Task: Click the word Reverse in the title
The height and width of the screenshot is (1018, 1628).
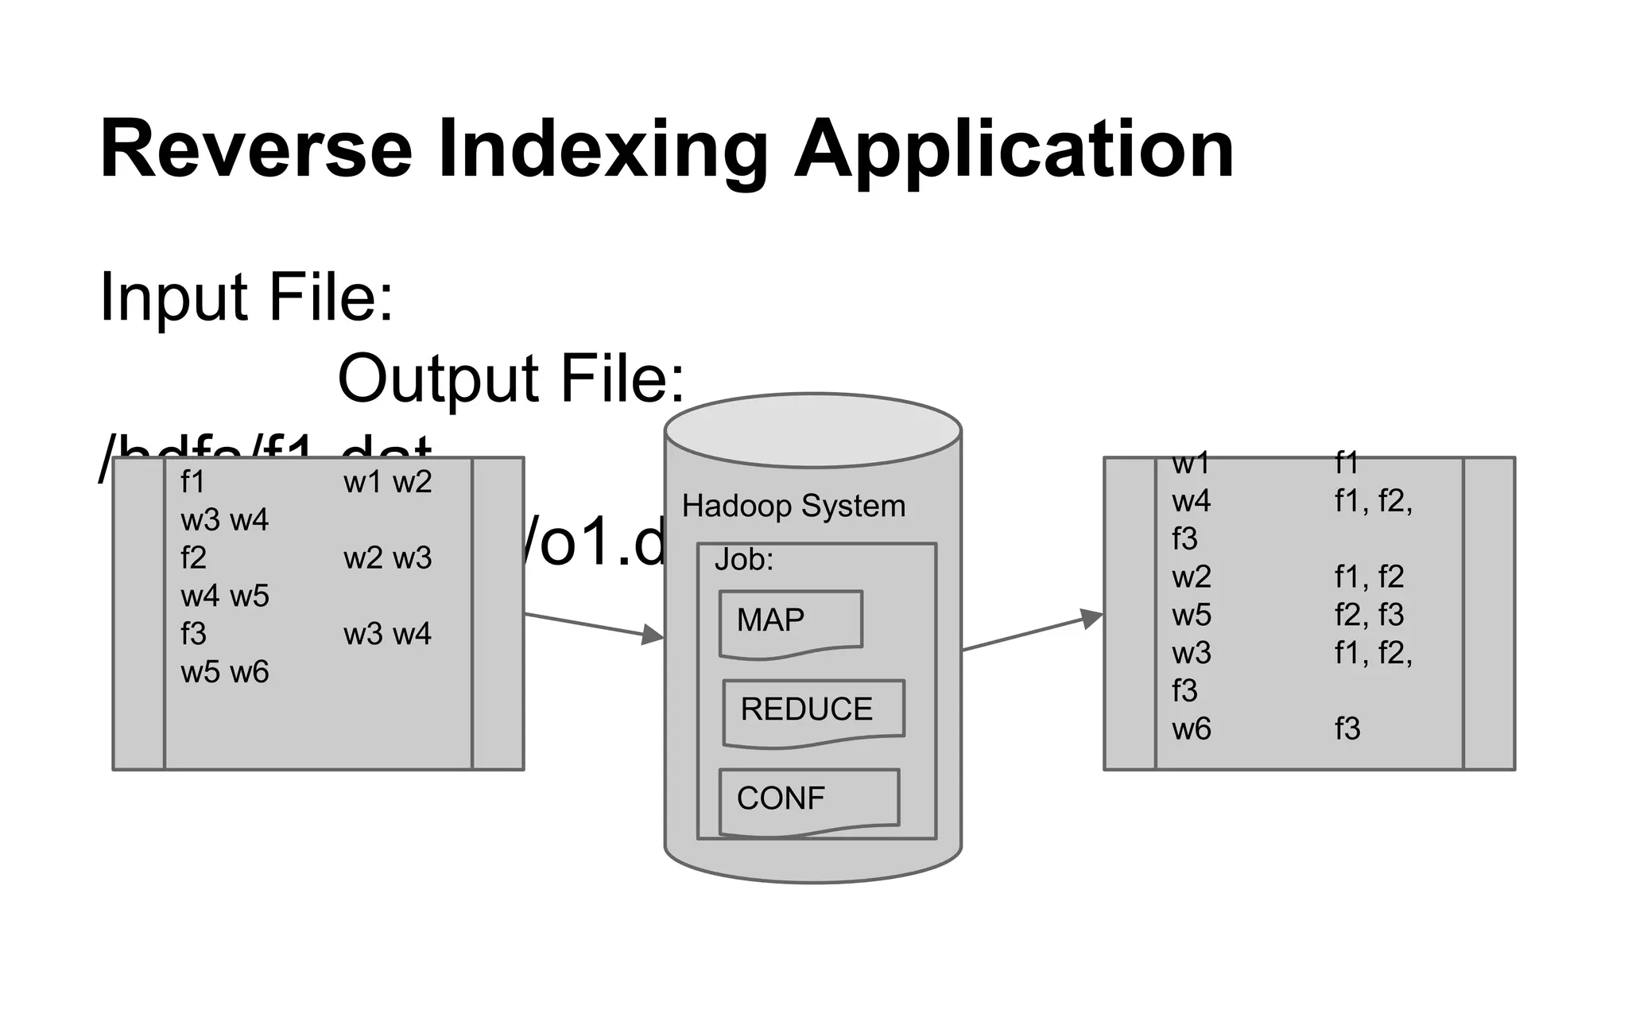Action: coord(256,150)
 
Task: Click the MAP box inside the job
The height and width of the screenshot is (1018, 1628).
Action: coord(789,621)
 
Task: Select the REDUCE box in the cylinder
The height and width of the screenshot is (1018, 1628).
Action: coord(812,710)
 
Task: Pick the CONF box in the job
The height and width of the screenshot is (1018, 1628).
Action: coord(808,799)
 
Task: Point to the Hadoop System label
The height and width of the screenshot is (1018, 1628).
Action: coord(793,507)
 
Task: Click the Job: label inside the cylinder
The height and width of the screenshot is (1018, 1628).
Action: coord(743,560)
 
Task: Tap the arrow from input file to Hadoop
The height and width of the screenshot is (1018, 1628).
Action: coord(594,625)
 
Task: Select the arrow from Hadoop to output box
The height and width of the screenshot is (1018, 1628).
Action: coord(1032,632)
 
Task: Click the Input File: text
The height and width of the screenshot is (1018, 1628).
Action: coord(246,297)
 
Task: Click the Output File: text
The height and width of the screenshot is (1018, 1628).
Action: coord(510,379)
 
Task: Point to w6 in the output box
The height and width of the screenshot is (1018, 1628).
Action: coord(1191,729)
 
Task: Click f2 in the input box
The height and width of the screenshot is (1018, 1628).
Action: coord(193,558)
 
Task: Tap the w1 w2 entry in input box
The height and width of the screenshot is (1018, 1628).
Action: coord(387,483)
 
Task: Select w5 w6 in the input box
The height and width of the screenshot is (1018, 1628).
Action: coord(225,673)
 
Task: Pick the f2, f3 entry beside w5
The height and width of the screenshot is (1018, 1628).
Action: coord(1369,615)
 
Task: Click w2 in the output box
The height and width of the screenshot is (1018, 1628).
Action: coord(1191,577)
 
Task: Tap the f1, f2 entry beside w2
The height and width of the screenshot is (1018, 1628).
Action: coord(1369,577)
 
